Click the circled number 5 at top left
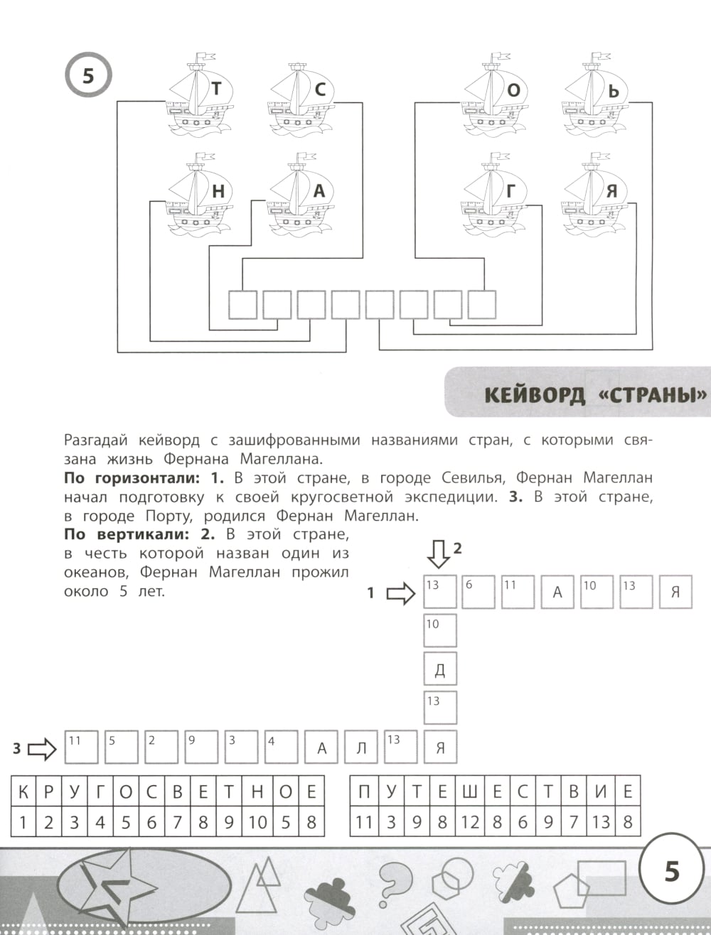(x=88, y=75)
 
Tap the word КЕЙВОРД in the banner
(x=534, y=394)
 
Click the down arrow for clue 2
(x=439, y=553)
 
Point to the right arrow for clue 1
(x=400, y=593)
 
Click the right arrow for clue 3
(x=41, y=748)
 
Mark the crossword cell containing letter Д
(x=440, y=669)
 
